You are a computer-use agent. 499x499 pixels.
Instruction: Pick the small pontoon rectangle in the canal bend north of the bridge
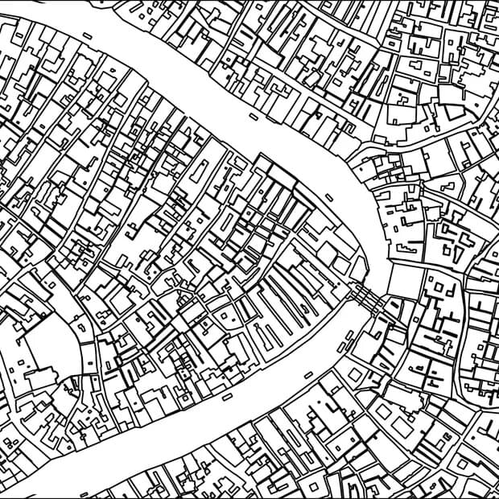coord(329,197)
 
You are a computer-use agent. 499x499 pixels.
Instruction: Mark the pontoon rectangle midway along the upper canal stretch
coord(253,117)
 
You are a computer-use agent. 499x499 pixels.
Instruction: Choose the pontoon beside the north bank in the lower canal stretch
coord(227,396)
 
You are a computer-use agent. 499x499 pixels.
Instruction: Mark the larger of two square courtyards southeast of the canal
coord(383,411)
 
